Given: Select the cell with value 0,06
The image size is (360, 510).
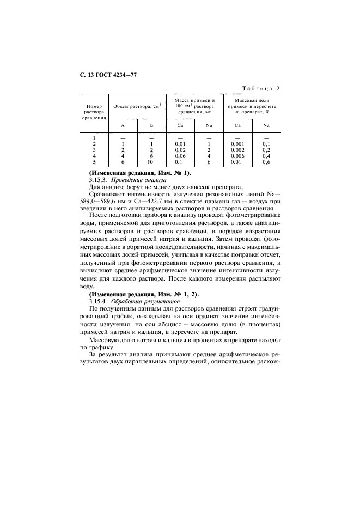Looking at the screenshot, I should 180,156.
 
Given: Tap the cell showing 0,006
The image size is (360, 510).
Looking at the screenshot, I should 237,156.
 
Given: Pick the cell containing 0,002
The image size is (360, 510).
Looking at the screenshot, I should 237,150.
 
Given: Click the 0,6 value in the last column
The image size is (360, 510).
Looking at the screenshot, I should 266,162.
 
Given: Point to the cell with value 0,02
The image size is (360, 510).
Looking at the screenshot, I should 180,150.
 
